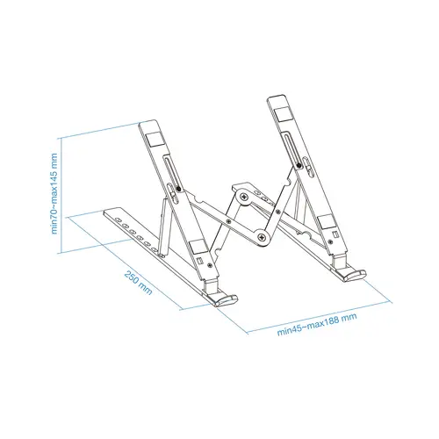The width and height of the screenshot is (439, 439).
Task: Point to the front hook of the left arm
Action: [x=222, y=297]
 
